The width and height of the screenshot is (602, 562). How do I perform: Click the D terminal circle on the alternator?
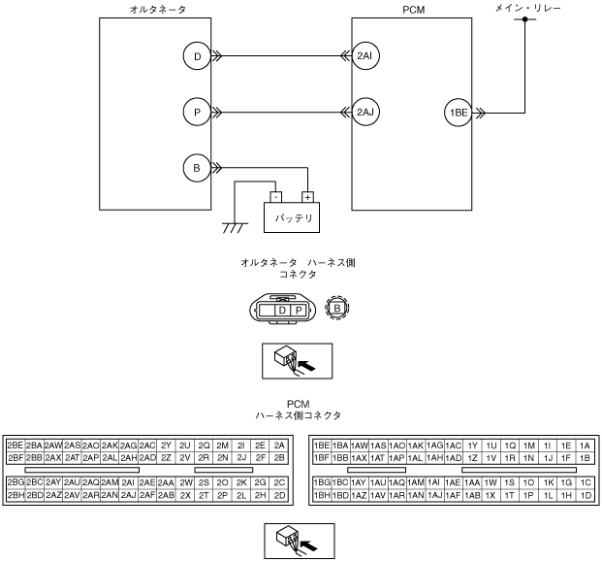click(x=198, y=56)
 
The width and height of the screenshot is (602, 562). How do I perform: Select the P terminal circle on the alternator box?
click(x=198, y=112)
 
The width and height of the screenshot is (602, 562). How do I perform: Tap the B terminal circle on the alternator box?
click(x=198, y=167)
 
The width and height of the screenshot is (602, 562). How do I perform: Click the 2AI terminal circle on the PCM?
click(x=365, y=56)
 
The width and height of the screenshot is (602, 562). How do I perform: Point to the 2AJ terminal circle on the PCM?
click(x=365, y=112)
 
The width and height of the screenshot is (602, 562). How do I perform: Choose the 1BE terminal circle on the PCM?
click(x=458, y=112)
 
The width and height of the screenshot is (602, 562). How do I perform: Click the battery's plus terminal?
click(x=308, y=195)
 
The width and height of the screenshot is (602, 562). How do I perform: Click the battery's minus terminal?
click(x=275, y=195)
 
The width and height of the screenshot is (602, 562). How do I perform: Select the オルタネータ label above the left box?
click(x=157, y=8)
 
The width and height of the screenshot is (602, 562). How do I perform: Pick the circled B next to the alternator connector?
click(x=336, y=309)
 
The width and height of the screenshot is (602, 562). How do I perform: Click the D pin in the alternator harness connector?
click(x=281, y=310)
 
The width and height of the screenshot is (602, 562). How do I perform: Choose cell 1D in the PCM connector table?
click(x=585, y=494)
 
